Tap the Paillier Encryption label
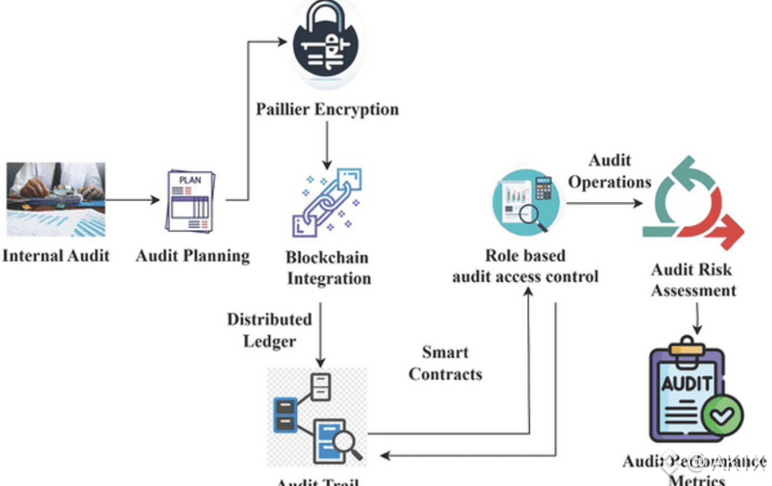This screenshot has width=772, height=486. (x=327, y=110)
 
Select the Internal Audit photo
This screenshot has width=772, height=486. (x=56, y=199)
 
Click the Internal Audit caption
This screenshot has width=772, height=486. (x=56, y=255)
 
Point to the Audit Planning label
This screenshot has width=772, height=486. (x=193, y=255)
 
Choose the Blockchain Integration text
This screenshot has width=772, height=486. (x=325, y=267)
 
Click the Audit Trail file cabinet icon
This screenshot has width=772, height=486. (x=317, y=417)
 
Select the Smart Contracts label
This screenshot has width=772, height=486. (x=445, y=363)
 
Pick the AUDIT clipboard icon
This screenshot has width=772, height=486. (x=689, y=392)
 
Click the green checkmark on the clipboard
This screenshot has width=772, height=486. (x=722, y=413)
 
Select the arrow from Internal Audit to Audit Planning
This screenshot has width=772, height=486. (x=129, y=199)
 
